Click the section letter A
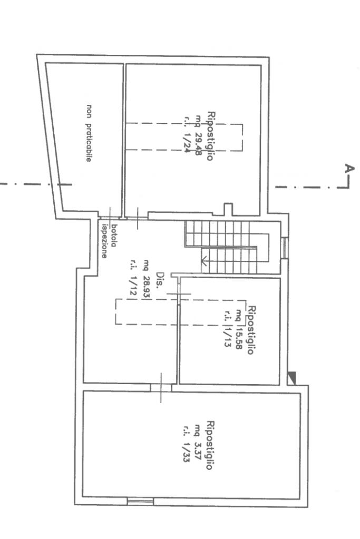(349, 169)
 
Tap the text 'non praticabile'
(89, 133)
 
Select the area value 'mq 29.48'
(198, 135)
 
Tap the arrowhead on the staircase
(203, 261)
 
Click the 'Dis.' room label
(160, 280)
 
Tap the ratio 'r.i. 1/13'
(227, 329)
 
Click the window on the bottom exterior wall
(140, 502)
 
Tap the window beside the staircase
(284, 248)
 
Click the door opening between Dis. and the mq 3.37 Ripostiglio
(161, 387)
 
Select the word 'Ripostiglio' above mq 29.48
(210, 136)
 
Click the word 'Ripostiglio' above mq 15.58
(252, 330)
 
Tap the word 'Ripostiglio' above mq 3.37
(210, 445)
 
